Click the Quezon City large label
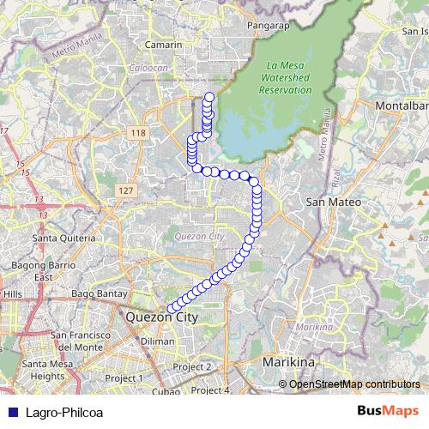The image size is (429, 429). [161, 317]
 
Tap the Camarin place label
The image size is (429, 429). [164, 45]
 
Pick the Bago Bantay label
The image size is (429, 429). [100, 294]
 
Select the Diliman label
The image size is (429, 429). [157, 341]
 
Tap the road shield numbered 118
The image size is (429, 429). [137, 133]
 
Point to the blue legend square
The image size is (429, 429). [11, 413]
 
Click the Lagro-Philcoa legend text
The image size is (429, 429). [64, 413]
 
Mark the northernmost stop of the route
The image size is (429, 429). [209, 96]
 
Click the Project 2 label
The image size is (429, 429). [191, 366]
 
